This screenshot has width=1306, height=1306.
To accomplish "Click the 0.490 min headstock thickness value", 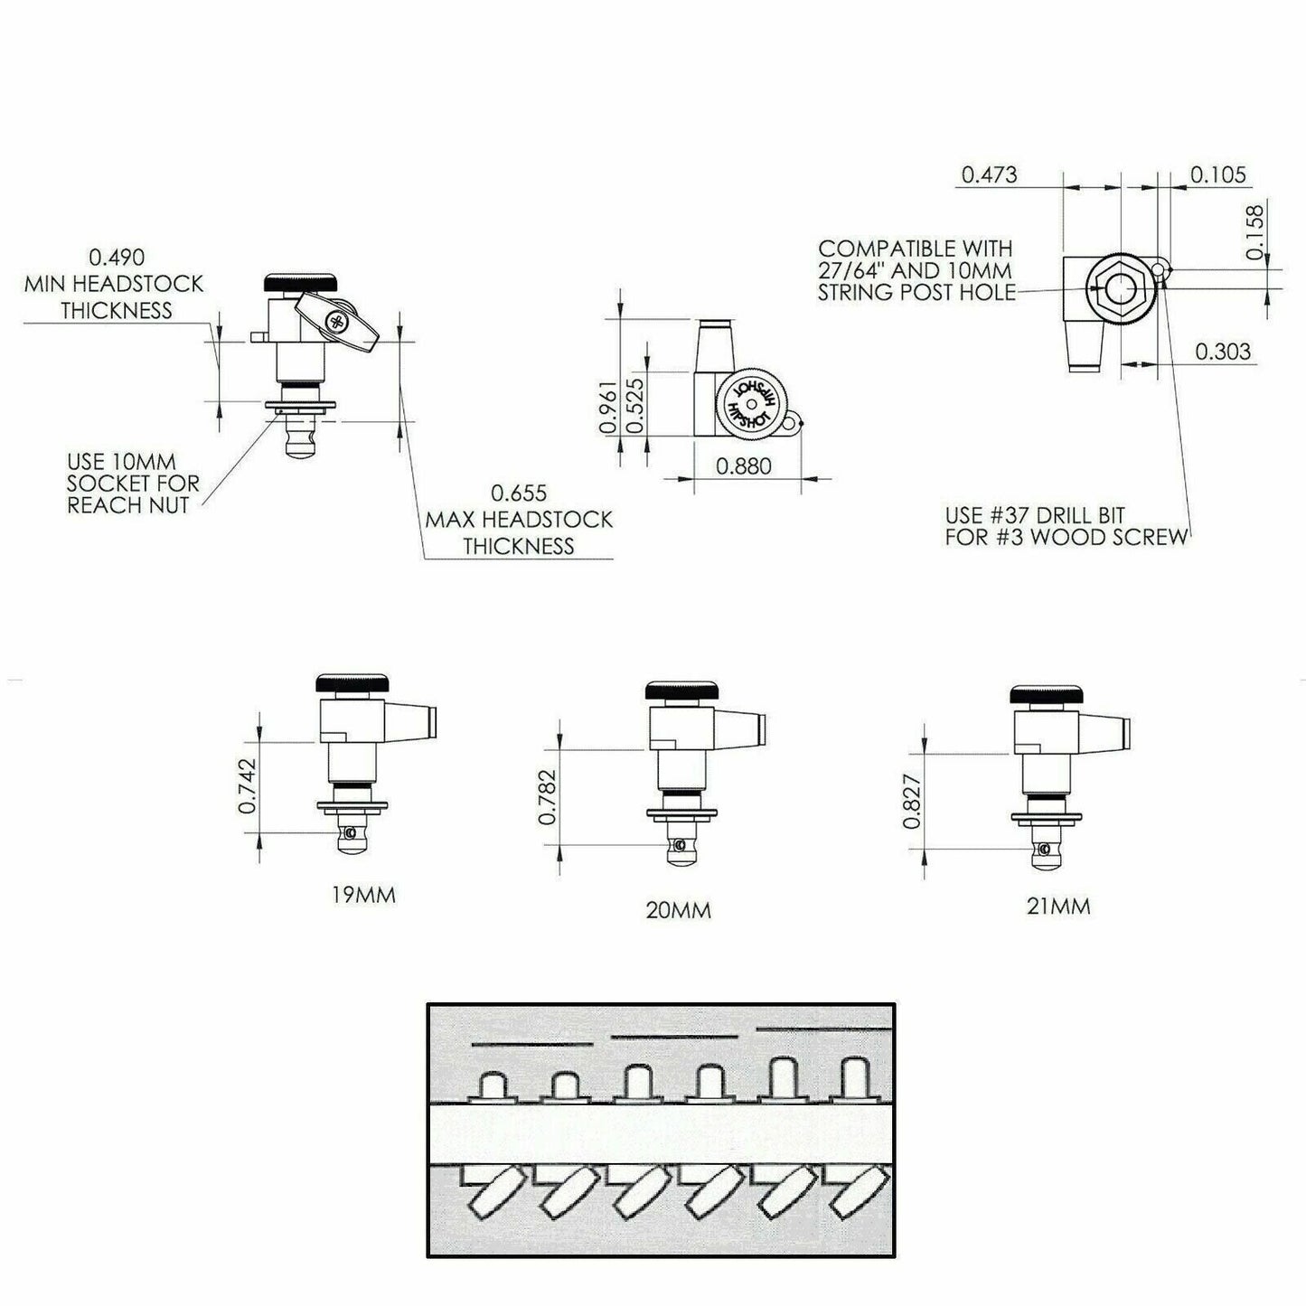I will tap(116, 257).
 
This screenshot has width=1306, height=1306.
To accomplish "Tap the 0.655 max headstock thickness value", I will tap(518, 493).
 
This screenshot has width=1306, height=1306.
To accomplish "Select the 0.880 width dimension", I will tap(744, 466).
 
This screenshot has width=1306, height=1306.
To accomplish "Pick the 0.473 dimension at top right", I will tap(989, 174).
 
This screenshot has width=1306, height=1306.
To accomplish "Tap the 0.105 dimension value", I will tap(1217, 174).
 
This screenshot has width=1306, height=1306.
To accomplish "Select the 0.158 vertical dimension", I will tap(1255, 232).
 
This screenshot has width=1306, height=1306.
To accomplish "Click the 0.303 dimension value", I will tap(1223, 352).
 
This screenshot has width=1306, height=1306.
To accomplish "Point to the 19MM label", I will tap(362, 896).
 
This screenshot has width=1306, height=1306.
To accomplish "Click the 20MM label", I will tap(678, 910).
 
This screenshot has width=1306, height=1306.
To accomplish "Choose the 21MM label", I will tap(1057, 906).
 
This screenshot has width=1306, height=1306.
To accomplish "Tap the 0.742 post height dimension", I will tap(249, 785).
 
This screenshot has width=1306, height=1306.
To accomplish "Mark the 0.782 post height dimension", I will tap(548, 796).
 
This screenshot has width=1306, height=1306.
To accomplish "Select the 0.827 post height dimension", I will tap(912, 802).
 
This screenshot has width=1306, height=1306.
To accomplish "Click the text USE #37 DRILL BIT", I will tap(1035, 515).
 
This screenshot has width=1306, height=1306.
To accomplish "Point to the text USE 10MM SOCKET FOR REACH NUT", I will tap(133, 484).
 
